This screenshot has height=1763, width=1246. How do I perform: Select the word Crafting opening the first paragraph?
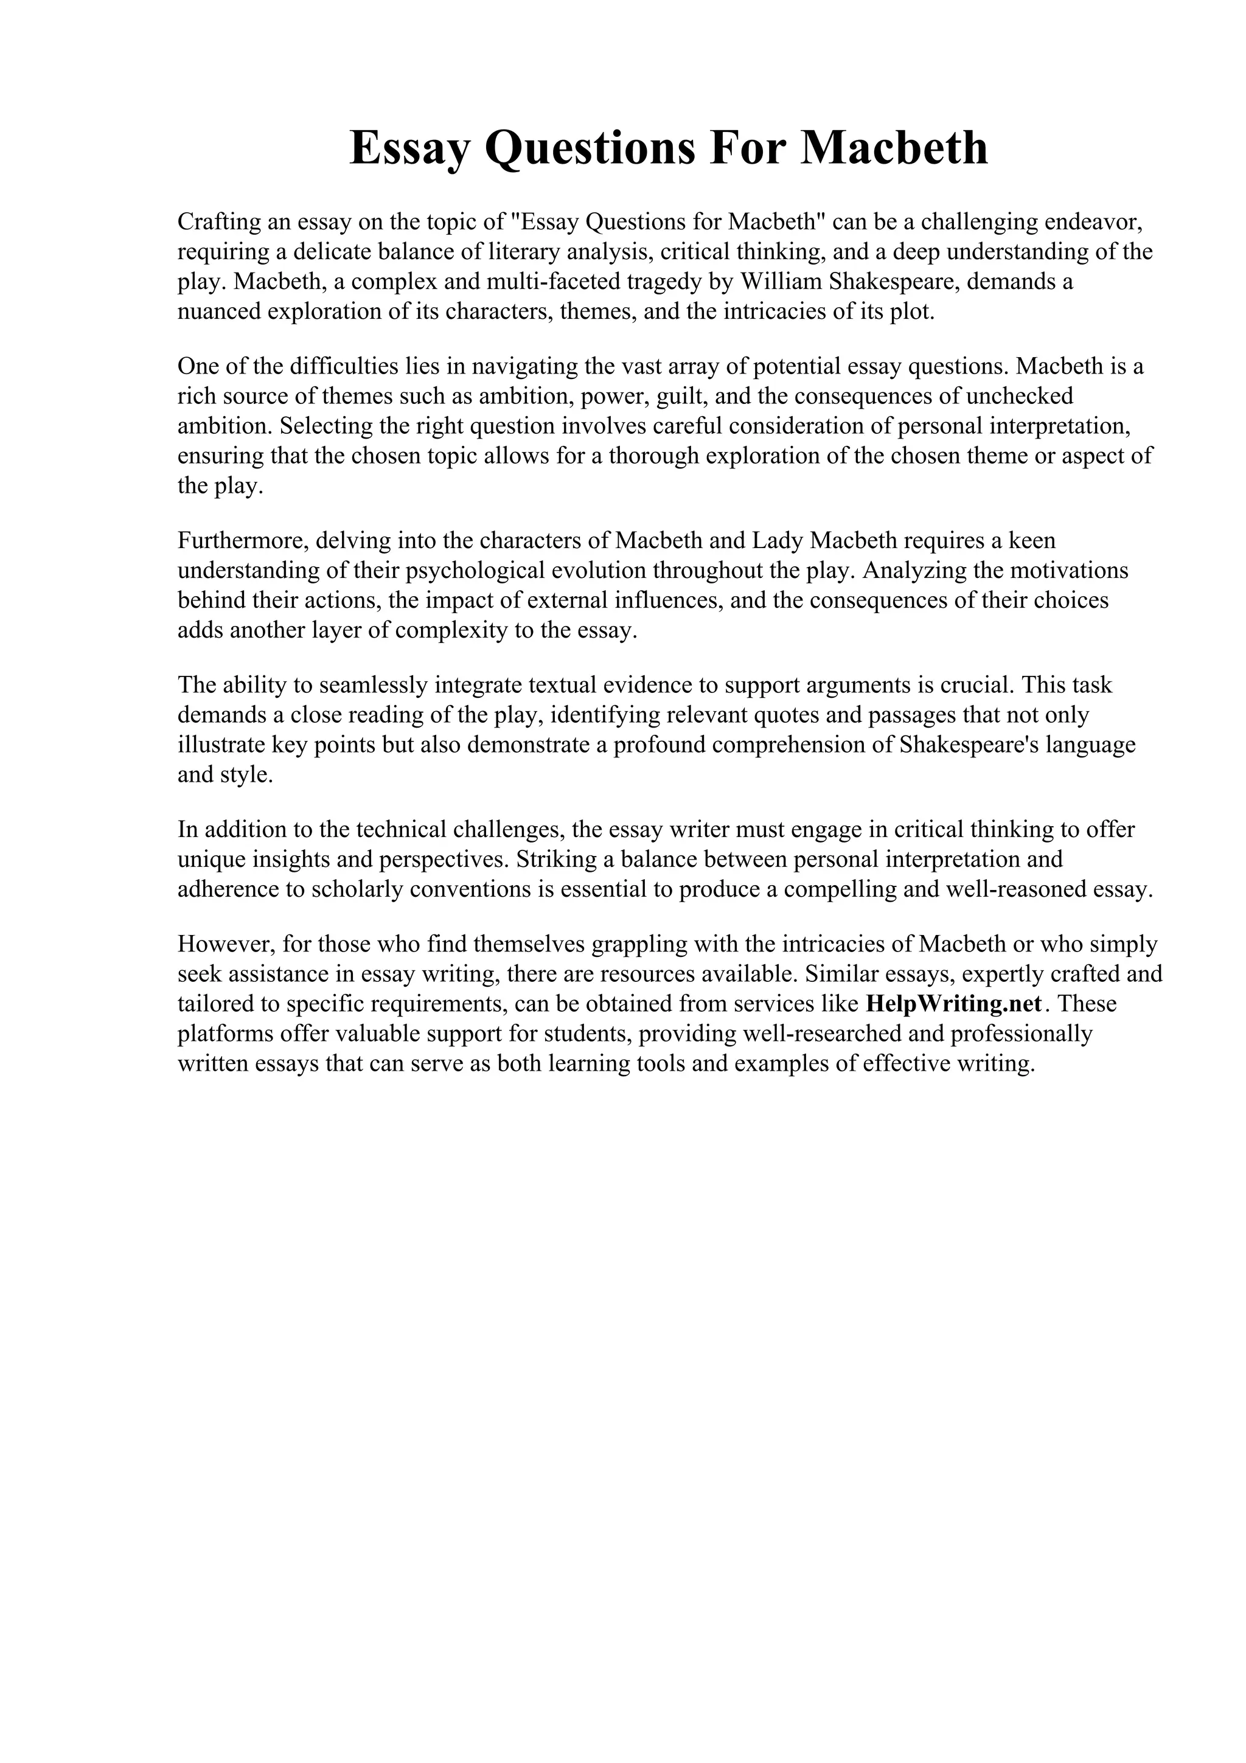[x=219, y=222]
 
